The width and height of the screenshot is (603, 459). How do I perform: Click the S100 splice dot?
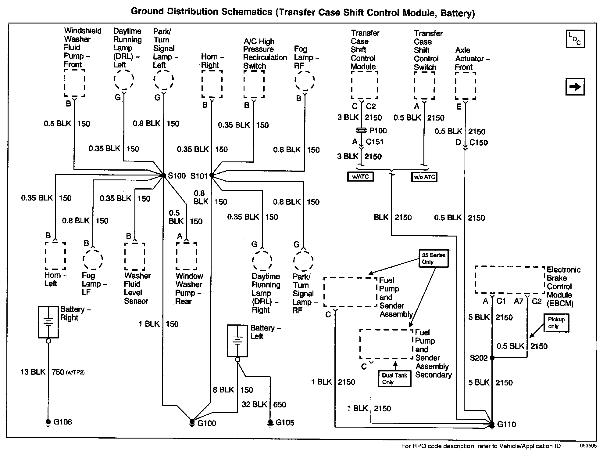tap(164, 175)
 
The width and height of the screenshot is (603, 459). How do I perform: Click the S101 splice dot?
tap(212, 175)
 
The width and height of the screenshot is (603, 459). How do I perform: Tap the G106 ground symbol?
tap(48, 422)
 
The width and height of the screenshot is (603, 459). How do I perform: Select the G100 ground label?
tap(207, 423)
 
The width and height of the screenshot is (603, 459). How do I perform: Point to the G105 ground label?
tap(285, 423)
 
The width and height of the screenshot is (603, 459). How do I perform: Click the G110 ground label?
tap(506, 424)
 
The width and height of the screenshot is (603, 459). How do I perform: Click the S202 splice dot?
tap(492, 358)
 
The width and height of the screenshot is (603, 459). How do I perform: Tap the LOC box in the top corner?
tap(575, 39)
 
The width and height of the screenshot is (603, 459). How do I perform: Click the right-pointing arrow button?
tap(575, 87)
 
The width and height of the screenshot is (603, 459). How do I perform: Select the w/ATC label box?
tap(360, 177)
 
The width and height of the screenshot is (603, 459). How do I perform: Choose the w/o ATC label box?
tap(424, 177)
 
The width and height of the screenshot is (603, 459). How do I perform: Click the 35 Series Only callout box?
tap(434, 258)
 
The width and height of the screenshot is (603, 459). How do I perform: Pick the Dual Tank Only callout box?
tap(394, 379)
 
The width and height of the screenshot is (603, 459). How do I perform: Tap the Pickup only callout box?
tap(556, 323)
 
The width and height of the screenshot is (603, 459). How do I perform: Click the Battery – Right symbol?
tap(48, 322)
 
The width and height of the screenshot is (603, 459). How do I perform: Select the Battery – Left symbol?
tap(237, 341)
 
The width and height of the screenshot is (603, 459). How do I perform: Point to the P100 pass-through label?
tap(378, 131)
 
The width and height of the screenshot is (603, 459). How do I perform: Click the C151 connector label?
tap(375, 142)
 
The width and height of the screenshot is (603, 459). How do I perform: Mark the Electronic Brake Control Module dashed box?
tap(509, 280)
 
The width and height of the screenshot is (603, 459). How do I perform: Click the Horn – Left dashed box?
tap(55, 256)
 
